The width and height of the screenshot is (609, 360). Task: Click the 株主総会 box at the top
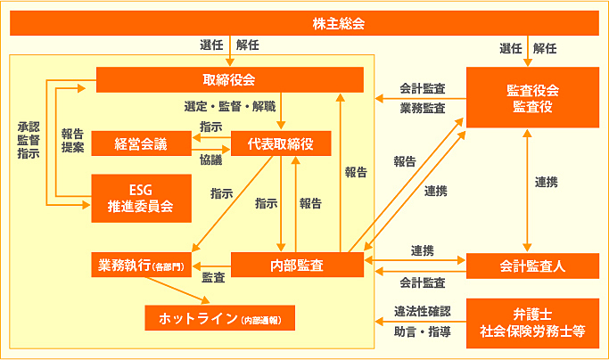click(x=303, y=22)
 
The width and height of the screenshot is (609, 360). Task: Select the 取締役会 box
click(x=229, y=79)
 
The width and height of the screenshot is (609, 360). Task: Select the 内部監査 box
click(x=297, y=266)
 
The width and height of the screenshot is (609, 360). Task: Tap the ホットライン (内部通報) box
click(x=219, y=318)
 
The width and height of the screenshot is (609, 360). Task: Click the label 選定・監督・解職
click(x=229, y=106)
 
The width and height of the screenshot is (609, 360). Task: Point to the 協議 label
click(x=211, y=157)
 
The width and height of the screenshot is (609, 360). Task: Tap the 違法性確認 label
click(x=423, y=312)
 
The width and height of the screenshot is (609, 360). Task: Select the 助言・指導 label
click(x=423, y=332)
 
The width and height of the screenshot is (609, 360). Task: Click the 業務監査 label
click(x=423, y=108)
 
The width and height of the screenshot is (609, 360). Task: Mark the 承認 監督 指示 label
click(x=28, y=140)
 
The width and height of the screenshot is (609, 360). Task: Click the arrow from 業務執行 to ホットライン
click(x=178, y=289)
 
